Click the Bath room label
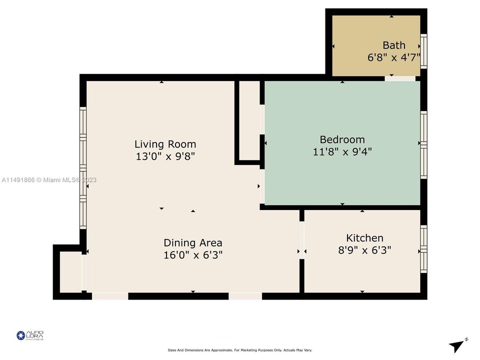(394, 45)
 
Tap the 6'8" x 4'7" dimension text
(394, 57)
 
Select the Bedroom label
(342, 139)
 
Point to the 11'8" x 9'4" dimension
(342, 151)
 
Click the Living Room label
(165, 144)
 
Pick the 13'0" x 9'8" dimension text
(165, 156)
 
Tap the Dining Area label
(193, 243)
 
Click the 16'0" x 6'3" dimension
(193, 255)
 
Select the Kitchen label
(364, 238)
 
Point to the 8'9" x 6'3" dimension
(364, 250)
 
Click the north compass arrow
(457, 345)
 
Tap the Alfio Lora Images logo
(30, 335)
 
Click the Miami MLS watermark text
(49, 180)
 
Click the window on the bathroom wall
(424, 50)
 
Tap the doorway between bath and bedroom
(400, 78)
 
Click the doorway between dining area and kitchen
(301, 240)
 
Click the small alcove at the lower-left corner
(70, 272)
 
